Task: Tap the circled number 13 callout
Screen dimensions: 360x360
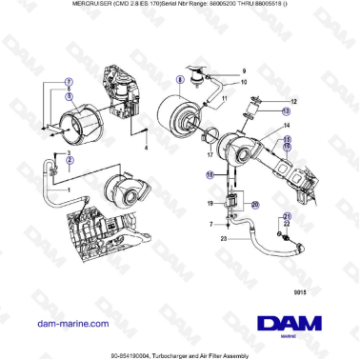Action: coord(286,110)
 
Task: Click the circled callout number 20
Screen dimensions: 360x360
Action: coord(254,204)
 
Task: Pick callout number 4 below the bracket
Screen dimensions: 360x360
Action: coord(146,149)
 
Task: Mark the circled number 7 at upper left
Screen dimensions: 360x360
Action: coord(69,82)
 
